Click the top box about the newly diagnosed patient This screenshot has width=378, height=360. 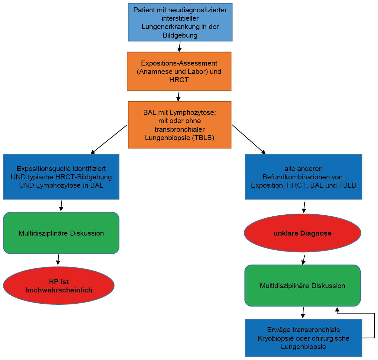pos(180,22)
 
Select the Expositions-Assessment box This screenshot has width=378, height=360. pos(179,71)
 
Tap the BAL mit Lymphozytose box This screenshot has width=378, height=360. pos(180,125)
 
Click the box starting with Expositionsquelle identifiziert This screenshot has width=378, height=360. pos(61,177)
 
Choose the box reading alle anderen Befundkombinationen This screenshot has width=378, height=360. pos(303,177)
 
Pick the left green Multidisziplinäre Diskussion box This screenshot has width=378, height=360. pos(61,233)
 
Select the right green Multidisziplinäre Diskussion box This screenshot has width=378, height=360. pos(302,285)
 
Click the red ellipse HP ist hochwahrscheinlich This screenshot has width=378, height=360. pos(59,285)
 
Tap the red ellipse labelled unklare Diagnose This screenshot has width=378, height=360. pos(302,233)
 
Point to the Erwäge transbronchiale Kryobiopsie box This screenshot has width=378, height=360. pos(303,338)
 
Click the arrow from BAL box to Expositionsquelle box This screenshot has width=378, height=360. pos(109,139)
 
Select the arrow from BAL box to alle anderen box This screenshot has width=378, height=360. pos(249,139)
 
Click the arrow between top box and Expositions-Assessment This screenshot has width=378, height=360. pos(180,47)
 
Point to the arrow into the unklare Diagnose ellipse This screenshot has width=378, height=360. pos(304,207)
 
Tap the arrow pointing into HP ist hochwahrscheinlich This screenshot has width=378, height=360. pos(59,260)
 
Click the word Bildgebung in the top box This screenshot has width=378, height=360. pos(180,35)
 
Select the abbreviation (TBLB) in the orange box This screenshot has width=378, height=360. pos(203,138)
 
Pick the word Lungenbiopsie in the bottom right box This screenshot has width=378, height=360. pos(303,347)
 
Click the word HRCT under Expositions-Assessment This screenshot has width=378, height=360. pos(179,80)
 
